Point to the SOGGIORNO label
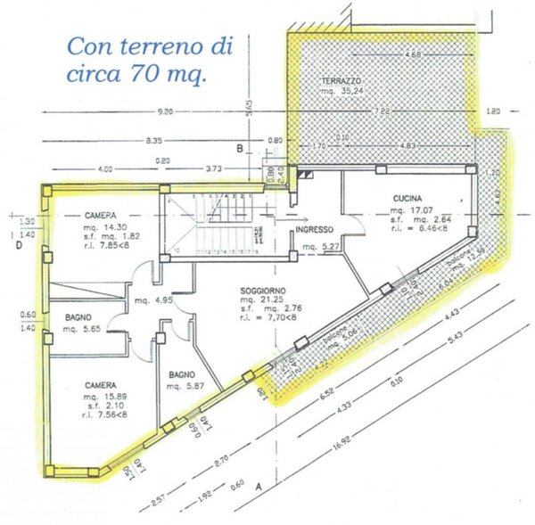pos(263,291)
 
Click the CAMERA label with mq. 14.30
pos(103,216)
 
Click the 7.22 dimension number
pos(383,111)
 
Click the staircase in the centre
pos(223,223)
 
